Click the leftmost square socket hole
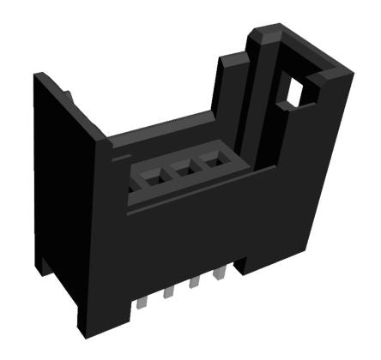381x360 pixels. pos(152,177)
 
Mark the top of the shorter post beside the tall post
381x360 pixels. pos(230,58)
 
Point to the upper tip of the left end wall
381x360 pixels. pos(41,77)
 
